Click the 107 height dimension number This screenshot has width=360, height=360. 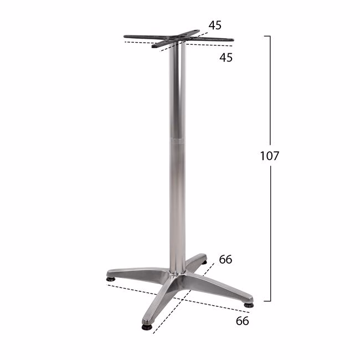tap(270, 156)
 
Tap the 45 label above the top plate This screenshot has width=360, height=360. tap(215, 25)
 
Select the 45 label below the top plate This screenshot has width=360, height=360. tap(226, 58)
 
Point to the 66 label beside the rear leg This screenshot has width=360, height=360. tap(225, 259)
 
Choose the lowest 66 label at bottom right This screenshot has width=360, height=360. tap(242, 321)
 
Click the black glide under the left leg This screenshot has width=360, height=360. tap(111, 279)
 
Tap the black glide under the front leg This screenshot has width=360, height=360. tap(146, 327)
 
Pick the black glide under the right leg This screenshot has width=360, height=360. tap(249, 305)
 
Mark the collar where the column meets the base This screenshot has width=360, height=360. tap(177, 272)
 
